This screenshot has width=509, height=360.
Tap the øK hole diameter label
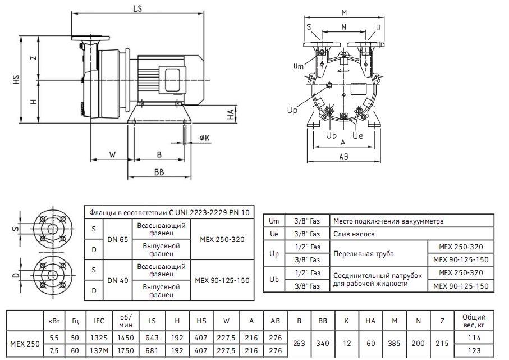pos(204,138)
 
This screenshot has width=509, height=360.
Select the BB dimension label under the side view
pos(159,172)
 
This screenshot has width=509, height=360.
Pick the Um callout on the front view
pos(299,66)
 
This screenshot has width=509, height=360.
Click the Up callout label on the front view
pos(292,111)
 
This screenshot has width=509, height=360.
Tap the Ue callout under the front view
pos(357,136)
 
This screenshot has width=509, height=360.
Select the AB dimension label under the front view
pos(343,157)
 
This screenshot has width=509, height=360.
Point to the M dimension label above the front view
pos(344,12)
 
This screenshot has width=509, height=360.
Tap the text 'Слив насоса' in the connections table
pos(354,234)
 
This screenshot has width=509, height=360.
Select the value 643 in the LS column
pos(152,338)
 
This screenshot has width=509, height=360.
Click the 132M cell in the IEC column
pos(99,351)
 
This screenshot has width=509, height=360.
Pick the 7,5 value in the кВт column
pos(54,351)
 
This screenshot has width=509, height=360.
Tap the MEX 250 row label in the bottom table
pos(25,344)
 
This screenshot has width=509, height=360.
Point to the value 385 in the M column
pos(395,344)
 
